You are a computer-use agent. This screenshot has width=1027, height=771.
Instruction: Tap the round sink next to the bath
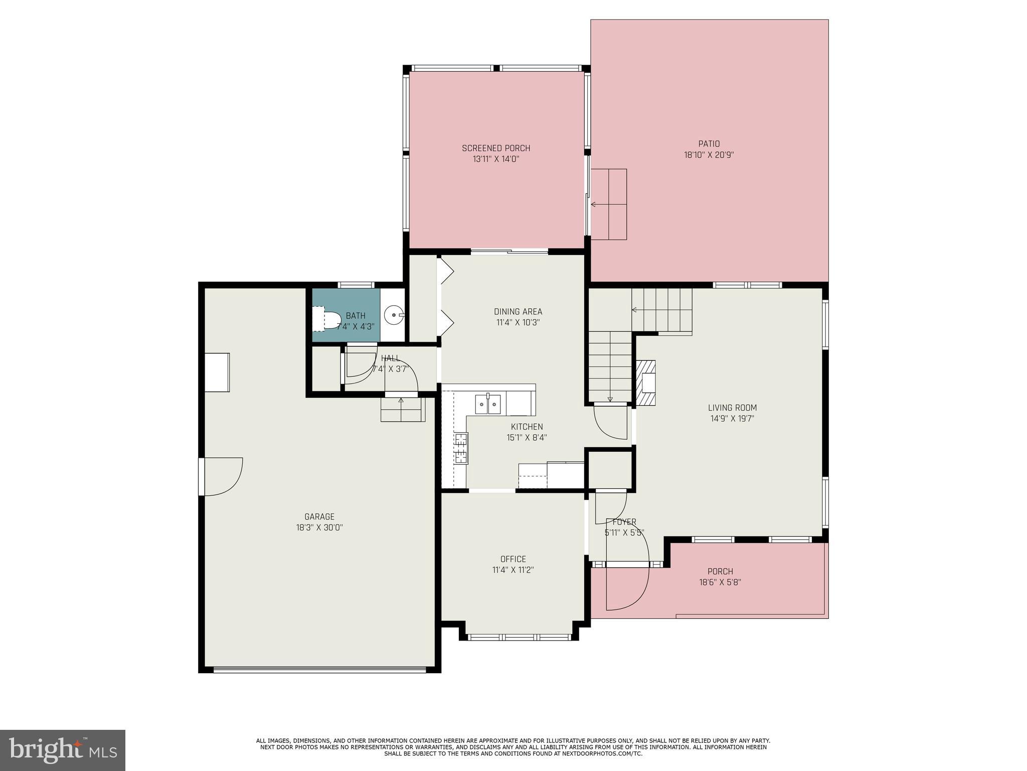(x=394, y=315)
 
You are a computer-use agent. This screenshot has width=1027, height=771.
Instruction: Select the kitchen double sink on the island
(x=488, y=405)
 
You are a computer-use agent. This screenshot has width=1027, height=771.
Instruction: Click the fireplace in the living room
(x=646, y=383)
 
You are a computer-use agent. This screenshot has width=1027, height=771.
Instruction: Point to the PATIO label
(x=709, y=144)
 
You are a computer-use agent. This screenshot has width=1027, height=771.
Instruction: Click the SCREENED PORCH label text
(x=495, y=148)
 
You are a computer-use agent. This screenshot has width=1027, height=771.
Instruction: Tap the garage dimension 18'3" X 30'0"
(x=319, y=528)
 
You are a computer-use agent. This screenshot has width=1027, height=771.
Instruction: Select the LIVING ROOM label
(x=732, y=408)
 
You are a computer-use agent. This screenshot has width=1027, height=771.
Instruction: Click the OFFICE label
(x=513, y=559)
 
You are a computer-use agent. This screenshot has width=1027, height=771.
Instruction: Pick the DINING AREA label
(x=518, y=312)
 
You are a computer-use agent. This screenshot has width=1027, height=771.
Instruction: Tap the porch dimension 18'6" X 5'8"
(x=720, y=582)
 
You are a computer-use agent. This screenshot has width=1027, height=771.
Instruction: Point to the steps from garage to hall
(x=402, y=409)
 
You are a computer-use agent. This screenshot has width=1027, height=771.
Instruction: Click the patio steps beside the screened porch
(x=609, y=204)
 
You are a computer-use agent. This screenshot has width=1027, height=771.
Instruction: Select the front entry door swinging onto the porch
(x=627, y=587)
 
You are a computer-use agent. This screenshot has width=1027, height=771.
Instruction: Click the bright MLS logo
(x=63, y=750)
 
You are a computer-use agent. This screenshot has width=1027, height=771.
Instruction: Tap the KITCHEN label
(x=527, y=427)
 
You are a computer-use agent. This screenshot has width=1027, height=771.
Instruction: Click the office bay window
(x=519, y=637)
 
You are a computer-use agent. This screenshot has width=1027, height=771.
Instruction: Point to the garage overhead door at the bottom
(x=319, y=669)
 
